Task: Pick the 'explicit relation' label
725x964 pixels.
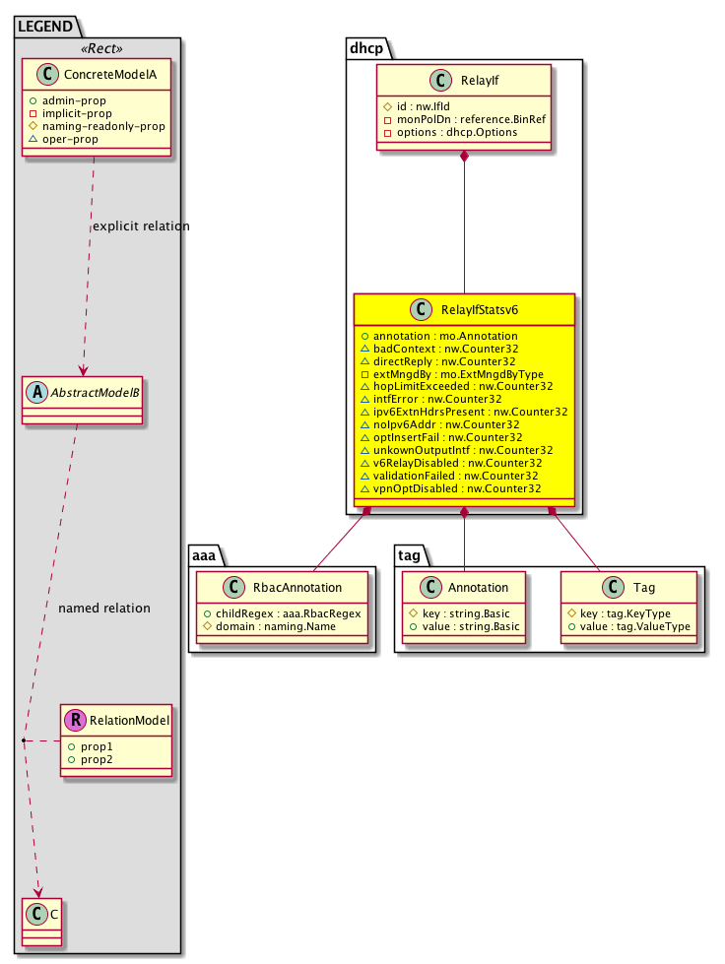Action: tap(140, 226)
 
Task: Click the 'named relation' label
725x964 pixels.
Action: tap(104, 608)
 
